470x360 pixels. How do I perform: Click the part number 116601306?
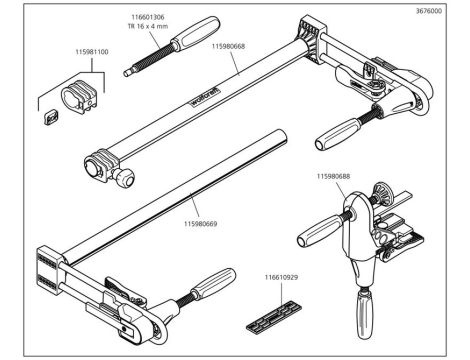(148, 17)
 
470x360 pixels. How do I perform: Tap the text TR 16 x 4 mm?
(148, 26)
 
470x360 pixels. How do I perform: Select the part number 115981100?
(92, 52)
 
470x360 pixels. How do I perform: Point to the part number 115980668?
(228, 46)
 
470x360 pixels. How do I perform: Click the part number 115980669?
(201, 224)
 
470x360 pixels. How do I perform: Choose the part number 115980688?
(333, 176)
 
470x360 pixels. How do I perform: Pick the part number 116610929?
(281, 277)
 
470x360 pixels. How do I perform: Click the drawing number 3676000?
(429, 11)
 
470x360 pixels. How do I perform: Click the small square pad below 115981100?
(51, 117)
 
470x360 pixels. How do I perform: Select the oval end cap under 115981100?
(79, 97)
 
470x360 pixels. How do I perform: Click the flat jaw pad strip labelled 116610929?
(274, 317)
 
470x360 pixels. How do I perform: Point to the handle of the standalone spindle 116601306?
(195, 33)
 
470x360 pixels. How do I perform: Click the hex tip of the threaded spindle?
(128, 72)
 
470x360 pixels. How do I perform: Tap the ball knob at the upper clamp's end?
(124, 178)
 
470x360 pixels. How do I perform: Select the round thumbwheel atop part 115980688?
(383, 194)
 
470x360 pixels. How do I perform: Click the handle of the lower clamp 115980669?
(213, 284)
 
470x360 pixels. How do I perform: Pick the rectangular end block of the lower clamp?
(49, 270)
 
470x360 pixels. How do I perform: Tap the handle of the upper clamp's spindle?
(338, 135)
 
